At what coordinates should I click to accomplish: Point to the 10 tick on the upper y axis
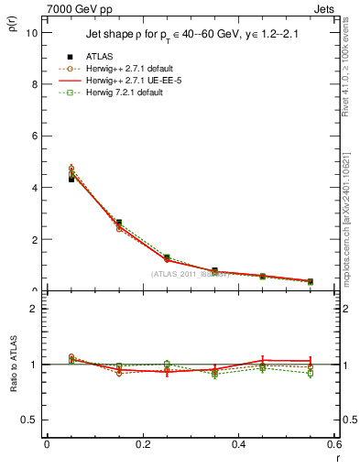(33, 32)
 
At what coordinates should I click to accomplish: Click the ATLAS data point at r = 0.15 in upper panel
(119, 223)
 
